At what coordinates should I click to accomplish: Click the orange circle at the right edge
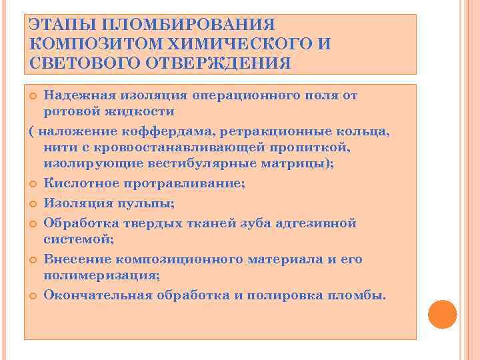pos(442,314)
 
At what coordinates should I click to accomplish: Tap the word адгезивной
pos(316,223)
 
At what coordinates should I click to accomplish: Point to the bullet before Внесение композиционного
pos(33,259)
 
